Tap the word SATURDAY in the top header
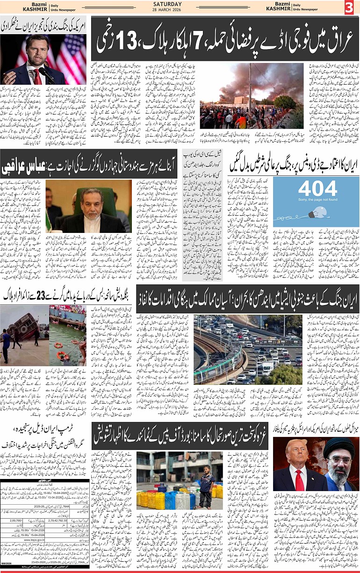click(180, 4)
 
